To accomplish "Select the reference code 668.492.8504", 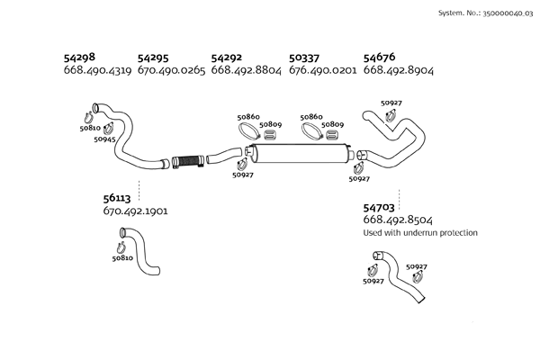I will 397,220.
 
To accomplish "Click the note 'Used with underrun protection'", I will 419,233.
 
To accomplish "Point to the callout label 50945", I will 105,139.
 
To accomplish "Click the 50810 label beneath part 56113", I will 122,258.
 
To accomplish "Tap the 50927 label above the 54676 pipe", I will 391,103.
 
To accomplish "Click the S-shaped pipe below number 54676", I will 396,144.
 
